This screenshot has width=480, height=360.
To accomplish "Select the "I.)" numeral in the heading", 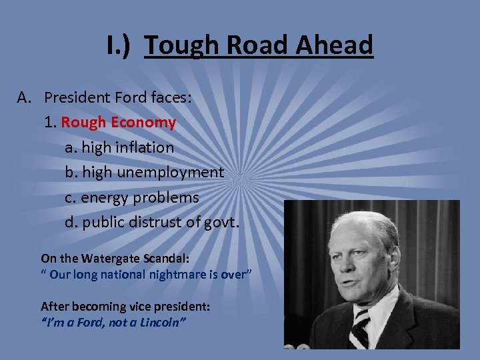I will click(x=121, y=45).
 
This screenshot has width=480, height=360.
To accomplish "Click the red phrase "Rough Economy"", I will click(x=118, y=123).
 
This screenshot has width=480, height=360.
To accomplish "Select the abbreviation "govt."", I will click(x=219, y=222).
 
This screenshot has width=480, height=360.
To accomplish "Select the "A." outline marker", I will click(x=25, y=98).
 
